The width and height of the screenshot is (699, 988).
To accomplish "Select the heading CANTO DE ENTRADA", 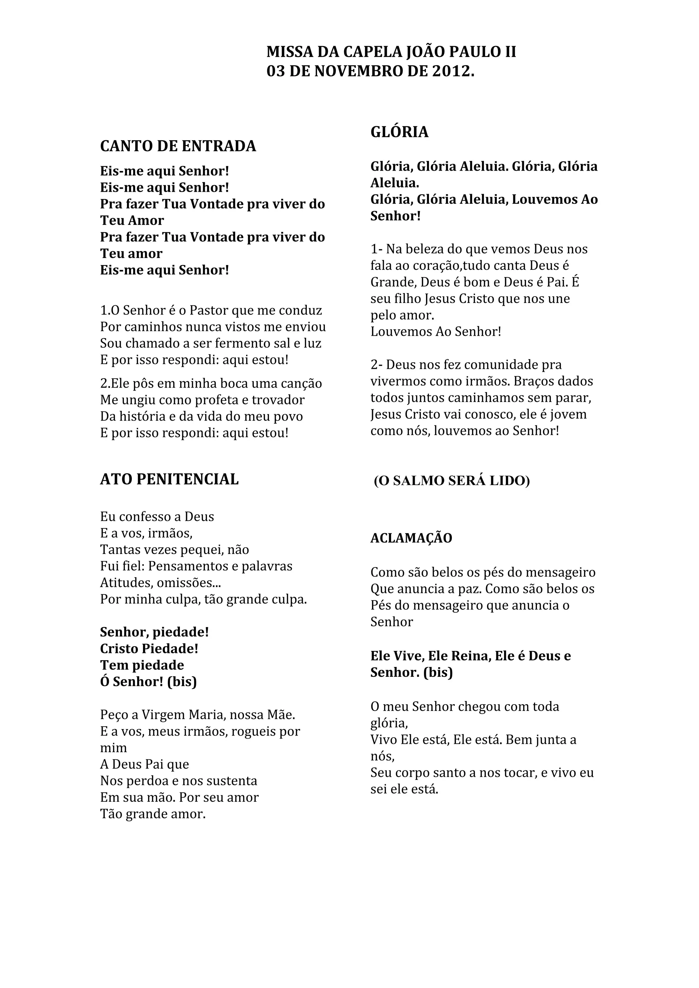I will tap(178, 146).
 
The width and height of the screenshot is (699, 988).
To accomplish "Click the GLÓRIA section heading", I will tap(399, 132).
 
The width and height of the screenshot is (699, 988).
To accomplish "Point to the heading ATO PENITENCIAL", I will tap(169, 479).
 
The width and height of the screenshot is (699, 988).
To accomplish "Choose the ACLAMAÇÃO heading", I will tap(411, 538).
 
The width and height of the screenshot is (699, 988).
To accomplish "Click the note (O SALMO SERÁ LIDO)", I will tap(452, 481).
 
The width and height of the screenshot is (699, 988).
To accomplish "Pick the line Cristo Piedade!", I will tap(149, 649).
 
